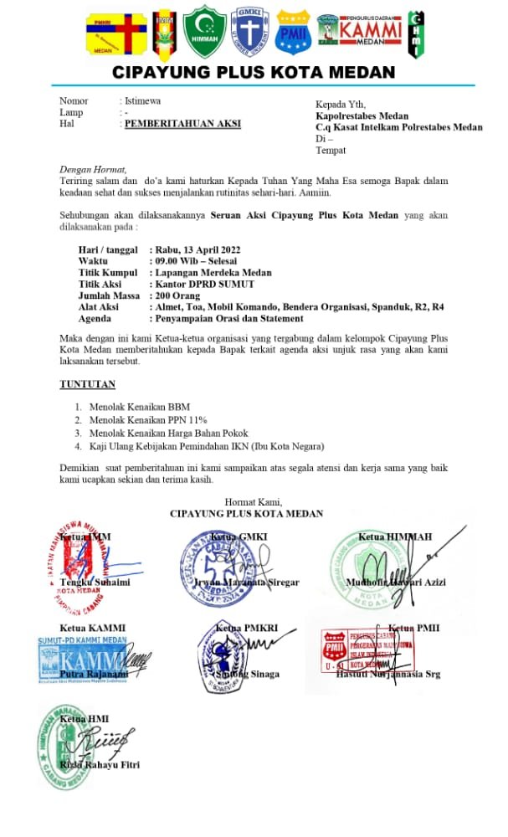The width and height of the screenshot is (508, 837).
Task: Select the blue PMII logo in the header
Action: point(293,32)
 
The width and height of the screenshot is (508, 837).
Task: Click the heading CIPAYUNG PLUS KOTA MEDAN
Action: point(254,73)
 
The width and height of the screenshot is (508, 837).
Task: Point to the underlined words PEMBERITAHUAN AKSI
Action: point(182,124)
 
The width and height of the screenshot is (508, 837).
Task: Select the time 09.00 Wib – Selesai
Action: point(196,261)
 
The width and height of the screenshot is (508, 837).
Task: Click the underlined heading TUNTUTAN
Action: point(87,384)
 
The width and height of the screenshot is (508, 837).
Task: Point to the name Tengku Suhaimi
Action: point(95,582)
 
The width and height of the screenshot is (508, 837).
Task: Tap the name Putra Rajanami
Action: point(95,674)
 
